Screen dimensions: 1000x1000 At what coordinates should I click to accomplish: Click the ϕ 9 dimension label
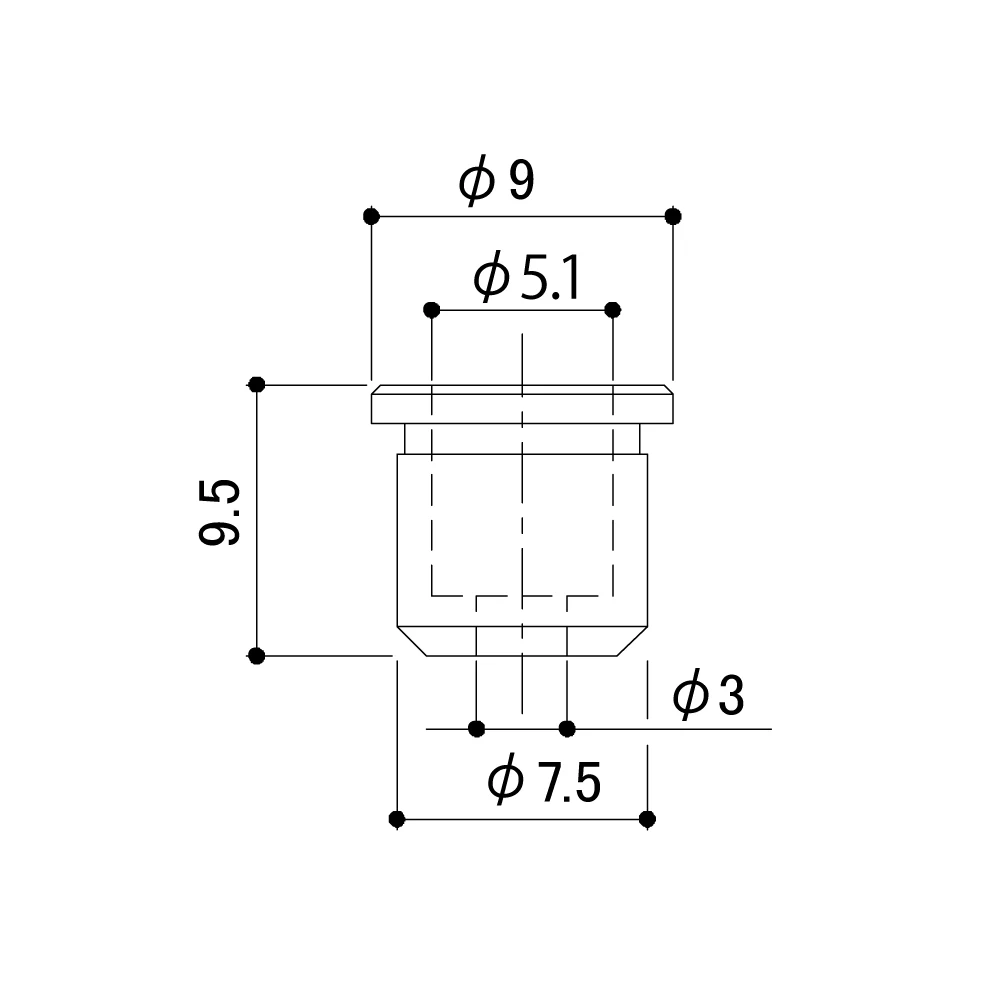pos(497,181)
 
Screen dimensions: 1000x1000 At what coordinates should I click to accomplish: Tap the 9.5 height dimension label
pos(219,513)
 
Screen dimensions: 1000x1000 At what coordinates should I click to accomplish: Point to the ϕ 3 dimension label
pos(708,696)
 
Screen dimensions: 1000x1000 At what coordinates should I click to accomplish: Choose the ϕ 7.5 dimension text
pos(543,782)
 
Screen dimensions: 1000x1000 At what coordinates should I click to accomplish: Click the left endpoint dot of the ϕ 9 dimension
pos(371,216)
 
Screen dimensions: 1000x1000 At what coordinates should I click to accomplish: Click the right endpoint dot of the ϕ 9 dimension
pos(673,216)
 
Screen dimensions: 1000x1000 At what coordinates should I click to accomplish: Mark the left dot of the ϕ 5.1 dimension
pos(431,309)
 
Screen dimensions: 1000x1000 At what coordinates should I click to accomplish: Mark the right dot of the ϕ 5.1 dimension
pos(613,309)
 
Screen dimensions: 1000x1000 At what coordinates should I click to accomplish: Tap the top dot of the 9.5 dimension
pos(256,384)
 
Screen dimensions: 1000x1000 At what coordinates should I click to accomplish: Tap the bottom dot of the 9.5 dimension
pos(256,656)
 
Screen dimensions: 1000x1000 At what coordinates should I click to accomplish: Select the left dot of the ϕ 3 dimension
pos(477,728)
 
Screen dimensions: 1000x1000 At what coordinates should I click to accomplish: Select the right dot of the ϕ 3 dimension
pos(567,728)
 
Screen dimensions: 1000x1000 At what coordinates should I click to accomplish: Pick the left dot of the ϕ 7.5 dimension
pos(397,819)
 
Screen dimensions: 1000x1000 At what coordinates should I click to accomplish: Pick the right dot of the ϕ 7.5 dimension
pos(647,819)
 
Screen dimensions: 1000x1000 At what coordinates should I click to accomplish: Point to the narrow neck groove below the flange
pos(522,439)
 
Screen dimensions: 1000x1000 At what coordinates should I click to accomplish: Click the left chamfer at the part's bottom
pos(411,641)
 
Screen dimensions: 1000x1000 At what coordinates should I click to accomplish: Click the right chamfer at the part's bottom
pos(633,641)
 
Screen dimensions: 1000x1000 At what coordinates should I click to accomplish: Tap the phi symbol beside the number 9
pos(477,182)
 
